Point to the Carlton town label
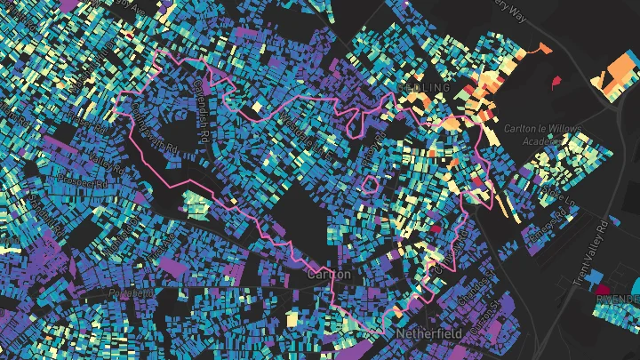click(x=329, y=276)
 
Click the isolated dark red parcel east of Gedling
click(x=557, y=83)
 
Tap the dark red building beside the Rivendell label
click(x=604, y=289)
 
